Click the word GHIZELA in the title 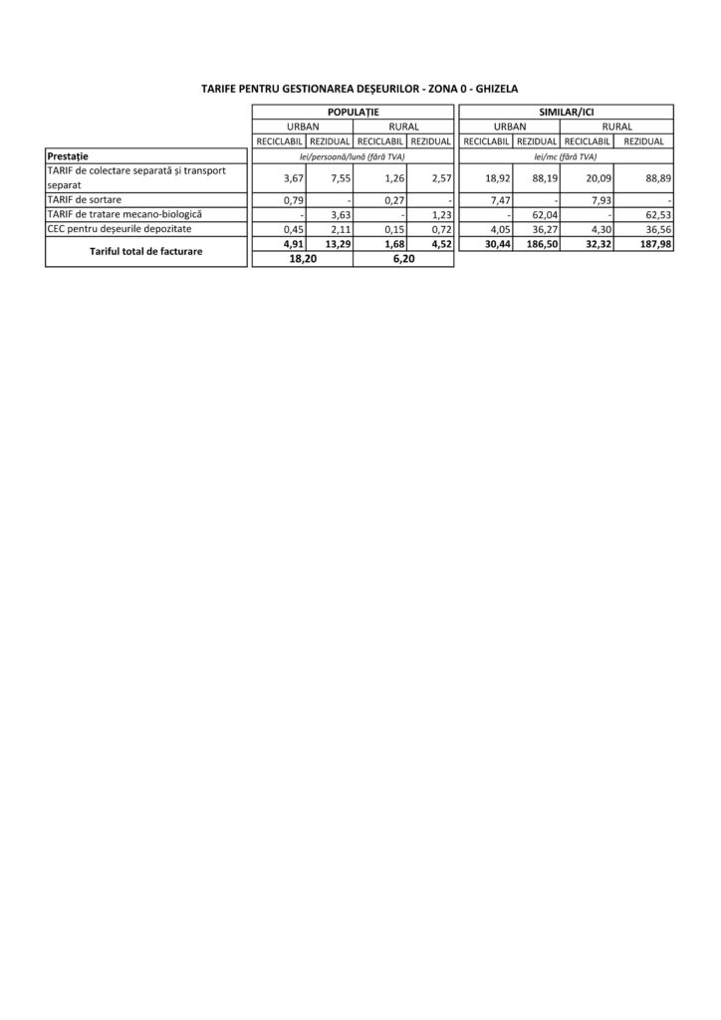(x=496, y=89)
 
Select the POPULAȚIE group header (x=353, y=113)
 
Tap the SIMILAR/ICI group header (x=566, y=113)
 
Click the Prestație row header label (x=68, y=156)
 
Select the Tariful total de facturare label (x=145, y=252)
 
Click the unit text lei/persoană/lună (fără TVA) (x=353, y=156)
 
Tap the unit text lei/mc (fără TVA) (x=566, y=156)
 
